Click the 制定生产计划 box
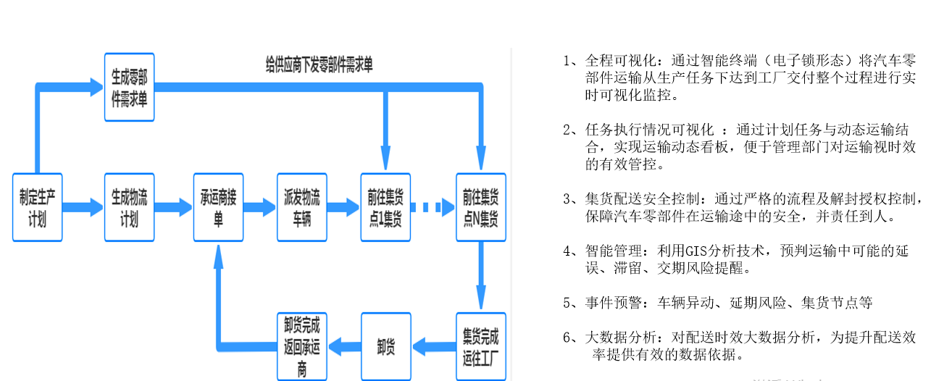click(37, 207)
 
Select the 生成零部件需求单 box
click(129, 87)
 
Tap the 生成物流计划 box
click(129, 207)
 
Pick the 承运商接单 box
click(218, 207)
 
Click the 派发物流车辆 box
click(301, 207)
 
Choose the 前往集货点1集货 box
click(385, 207)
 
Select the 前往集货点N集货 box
click(480, 207)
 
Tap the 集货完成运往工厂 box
click(480, 346)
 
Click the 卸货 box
click(385, 346)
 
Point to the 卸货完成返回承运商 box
click(301, 346)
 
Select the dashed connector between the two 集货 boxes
click(433, 207)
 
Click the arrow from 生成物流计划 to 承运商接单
click(174, 207)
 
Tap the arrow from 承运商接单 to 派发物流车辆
click(259, 207)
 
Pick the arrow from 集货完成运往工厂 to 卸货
click(433, 346)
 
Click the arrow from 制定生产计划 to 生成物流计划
click(83, 207)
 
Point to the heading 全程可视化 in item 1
click(622, 59)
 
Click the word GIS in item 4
click(691, 251)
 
